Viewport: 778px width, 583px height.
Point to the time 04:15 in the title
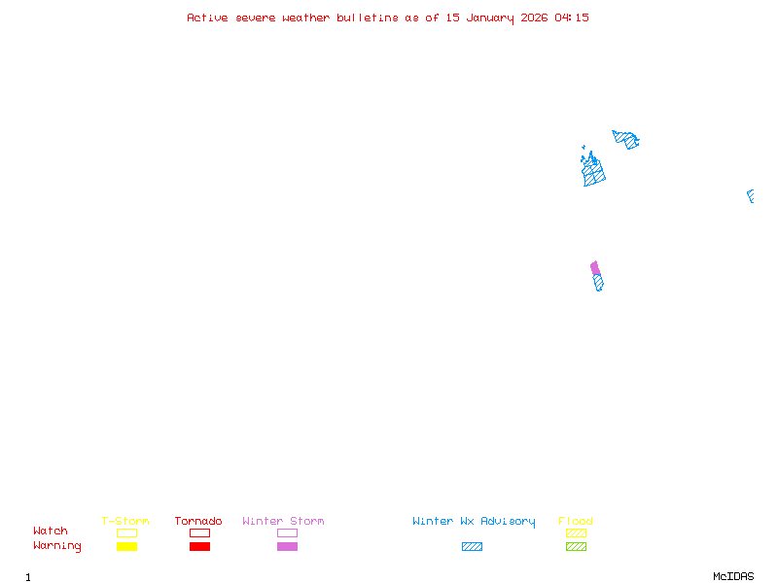(572, 17)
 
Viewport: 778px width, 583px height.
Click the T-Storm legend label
(125, 522)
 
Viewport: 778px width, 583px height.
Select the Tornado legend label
(198, 522)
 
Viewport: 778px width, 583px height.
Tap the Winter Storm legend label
(283, 522)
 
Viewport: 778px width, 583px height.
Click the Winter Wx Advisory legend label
(474, 522)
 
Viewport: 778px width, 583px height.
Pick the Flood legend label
(576, 522)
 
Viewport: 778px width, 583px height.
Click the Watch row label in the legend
(51, 532)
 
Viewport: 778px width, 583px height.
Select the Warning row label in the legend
(57, 546)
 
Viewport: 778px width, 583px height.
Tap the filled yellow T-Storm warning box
(126, 547)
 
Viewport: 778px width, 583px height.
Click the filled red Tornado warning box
(199, 547)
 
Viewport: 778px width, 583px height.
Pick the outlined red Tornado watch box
(199, 532)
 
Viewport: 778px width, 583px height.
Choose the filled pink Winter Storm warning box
(287, 547)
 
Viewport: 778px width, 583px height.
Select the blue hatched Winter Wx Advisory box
(472, 547)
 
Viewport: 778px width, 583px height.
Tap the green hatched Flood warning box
(576, 547)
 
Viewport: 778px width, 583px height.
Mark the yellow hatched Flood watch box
(576, 532)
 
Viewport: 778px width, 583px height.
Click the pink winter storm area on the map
(595, 268)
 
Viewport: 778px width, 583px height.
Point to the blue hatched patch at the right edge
(751, 195)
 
